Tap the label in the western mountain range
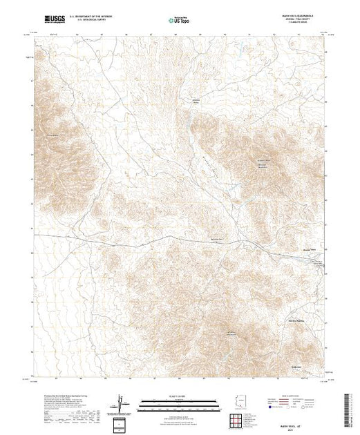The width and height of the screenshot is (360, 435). click(52, 134)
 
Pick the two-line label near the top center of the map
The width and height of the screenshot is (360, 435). click(196, 101)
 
